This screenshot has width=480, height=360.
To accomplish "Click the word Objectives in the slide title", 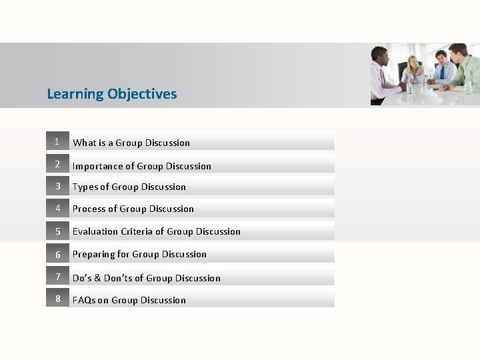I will coord(141,94).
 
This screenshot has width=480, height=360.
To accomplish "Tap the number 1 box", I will coord(57,141).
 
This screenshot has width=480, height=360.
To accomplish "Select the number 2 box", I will coord(57,164).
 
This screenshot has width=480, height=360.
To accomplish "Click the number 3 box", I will coord(57,186).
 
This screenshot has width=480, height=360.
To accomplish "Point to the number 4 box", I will coord(57,208).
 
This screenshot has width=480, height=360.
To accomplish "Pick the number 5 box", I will coord(57,231).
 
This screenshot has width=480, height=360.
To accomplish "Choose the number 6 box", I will coord(57,254).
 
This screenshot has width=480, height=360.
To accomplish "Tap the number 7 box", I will coord(57,277).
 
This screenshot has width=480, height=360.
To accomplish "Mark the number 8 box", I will coord(57,299).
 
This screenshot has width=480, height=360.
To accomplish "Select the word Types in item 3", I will coord(86,187).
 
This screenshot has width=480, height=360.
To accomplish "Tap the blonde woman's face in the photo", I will coord(414,65).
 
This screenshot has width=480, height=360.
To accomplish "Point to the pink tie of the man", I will coord(383,78).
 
